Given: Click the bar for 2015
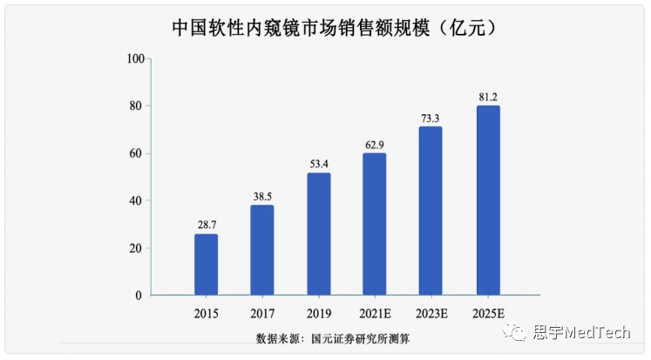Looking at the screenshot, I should [x=207, y=264].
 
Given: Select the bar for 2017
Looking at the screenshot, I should [x=262, y=250].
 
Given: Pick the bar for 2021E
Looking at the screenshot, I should [x=375, y=224].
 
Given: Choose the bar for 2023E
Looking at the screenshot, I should [x=431, y=211].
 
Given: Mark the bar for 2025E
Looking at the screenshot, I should [x=487, y=200].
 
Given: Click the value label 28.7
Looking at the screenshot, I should [x=207, y=225].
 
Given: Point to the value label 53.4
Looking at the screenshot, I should [x=319, y=164].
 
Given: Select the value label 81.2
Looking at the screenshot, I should [x=487, y=97].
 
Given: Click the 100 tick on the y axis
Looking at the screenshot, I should [x=134, y=58].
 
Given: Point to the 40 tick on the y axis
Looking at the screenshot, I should [x=136, y=200].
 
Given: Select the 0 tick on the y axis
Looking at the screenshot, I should [x=139, y=295].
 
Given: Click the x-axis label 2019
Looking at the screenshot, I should [x=319, y=313].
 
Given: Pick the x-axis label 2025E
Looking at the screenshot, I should [x=487, y=313].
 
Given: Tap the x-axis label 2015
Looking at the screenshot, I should [x=207, y=313].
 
